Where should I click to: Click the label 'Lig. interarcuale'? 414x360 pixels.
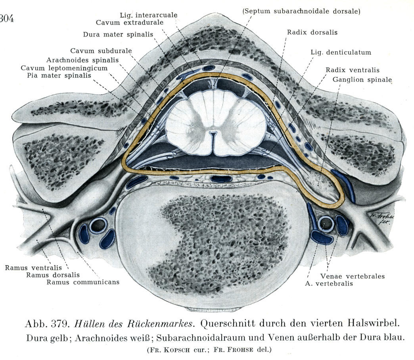coord(148,15)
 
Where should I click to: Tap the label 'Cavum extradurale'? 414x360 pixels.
coord(130,23)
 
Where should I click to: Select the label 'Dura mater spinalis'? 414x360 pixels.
coord(118,34)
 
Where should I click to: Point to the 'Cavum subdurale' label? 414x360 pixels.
coord(101,51)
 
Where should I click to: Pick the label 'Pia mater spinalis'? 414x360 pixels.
coord(59,75)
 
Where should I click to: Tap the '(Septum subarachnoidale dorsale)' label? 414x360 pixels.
coord(301,11)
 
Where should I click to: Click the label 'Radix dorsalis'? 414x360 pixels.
coord(313,32)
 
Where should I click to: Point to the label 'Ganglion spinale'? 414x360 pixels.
coord(362,79)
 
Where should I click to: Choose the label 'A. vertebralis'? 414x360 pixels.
coord(329,283)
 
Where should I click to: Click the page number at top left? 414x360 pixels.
coord(7,19)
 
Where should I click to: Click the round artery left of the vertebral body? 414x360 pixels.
coord(96,225)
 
